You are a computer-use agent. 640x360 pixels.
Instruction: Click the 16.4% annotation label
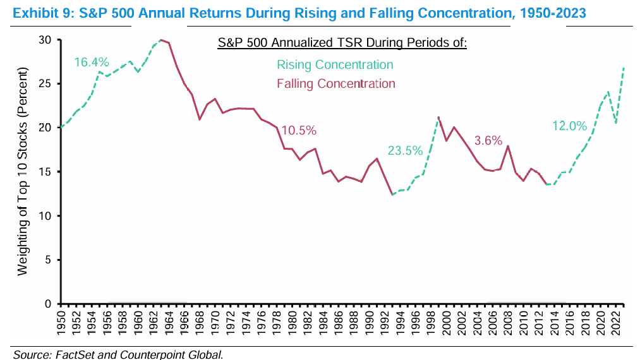click(92, 62)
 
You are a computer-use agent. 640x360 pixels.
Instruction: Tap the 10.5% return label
click(299, 131)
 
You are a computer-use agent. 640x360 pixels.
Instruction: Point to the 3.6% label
click(487, 140)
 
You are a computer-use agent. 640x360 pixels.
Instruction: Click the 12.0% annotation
click(569, 126)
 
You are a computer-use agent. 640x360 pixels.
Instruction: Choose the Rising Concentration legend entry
click(335, 64)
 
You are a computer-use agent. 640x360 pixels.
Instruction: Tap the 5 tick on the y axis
click(48, 260)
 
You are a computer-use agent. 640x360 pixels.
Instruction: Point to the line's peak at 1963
click(161, 40)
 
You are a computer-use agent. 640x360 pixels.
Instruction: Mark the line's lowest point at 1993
click(392, 195)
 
